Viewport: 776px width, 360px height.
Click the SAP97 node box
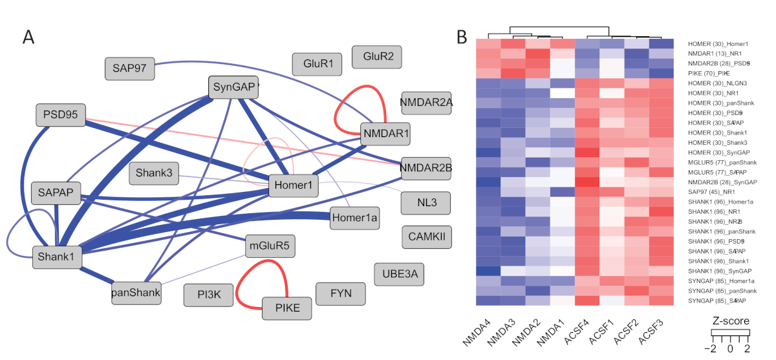tap(129, 69)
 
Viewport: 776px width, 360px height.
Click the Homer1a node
tap(354, 218)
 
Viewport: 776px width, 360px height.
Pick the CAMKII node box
tap(427, 237)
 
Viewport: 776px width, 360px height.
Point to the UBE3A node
tap(400, 275)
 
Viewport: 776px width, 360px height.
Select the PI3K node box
tap(209, 295)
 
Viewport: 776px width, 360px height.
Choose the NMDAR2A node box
tap(426, 102)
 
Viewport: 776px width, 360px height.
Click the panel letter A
tap(28, 37)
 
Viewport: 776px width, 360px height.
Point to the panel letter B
tap(462, 37)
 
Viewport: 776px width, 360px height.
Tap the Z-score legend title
tap(730, 321)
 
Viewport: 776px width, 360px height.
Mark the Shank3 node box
tap(155, 173)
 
